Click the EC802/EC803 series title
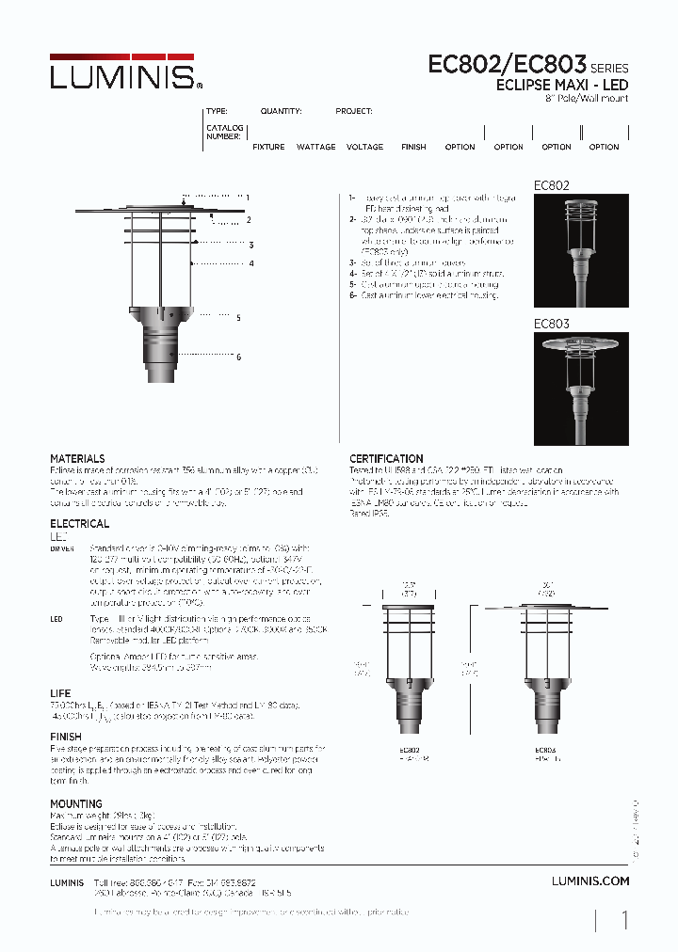click(x=508, y=65)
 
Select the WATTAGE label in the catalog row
click(x=315, y=147)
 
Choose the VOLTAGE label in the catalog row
click(x=364, y=147)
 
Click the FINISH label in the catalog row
click(x=413, y=147)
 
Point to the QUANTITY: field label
click(x=281, y=111)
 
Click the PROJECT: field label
click(x=354, y=111)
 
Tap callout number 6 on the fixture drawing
click(x=239, y=357)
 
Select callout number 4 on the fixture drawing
click(x=251, y=263)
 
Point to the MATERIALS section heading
click(x=77, y=458)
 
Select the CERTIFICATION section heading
click(x=386, y=458)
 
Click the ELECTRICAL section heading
click(x=79, y=523)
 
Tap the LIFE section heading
click(x=59, y=691)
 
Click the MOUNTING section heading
click(x=75, y=803)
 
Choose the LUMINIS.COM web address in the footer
click(x=589, y=881)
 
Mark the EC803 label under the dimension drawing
click(x=544, y=750)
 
